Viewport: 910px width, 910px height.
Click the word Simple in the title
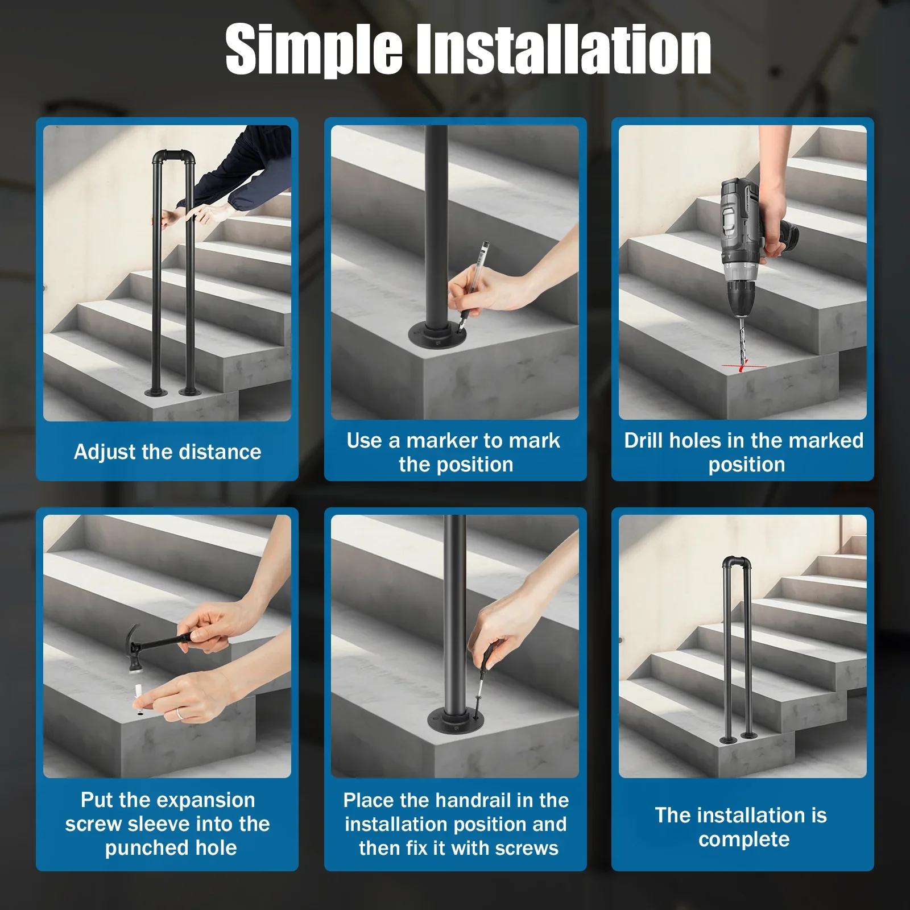[314, 50]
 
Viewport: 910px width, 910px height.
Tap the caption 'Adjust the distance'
[168, 452]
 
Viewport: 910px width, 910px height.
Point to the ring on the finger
[179, 713]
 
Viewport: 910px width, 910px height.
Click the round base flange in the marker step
[437, 335]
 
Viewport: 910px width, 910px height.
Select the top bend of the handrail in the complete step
[737, 562]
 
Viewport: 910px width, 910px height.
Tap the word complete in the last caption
[744, 839]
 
